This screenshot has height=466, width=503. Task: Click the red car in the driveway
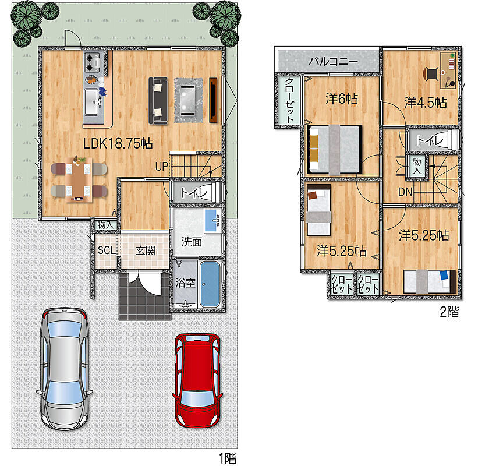pos(197,380)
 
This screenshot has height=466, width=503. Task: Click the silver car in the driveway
pos(64,369)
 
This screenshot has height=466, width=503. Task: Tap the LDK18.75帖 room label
pos(118,143)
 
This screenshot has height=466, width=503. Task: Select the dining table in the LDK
pos(79,180)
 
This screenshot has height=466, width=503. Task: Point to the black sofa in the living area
pos(158,100)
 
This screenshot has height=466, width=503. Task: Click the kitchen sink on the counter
pos(93,101)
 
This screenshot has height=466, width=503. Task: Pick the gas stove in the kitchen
pos(93,62)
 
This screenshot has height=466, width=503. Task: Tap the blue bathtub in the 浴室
pos(210,284)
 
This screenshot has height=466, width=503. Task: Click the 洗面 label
pos(192,242)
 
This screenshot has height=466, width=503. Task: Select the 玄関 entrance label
pos(146,250)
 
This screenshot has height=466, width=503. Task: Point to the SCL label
pos(107,250)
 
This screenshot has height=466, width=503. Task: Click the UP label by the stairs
pos(162,166)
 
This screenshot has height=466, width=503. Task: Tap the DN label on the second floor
pos(405,192)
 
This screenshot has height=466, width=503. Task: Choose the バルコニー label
pos(334,61)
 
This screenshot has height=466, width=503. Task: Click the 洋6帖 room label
pos(342,99)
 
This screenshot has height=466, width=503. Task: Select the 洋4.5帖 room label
pos(426,103)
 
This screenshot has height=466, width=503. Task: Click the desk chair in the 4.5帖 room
pos(431,74)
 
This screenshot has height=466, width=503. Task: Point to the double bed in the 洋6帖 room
pos(335,150)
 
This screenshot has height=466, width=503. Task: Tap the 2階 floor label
pos(449,312)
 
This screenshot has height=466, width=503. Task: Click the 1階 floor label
pos(228,458)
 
